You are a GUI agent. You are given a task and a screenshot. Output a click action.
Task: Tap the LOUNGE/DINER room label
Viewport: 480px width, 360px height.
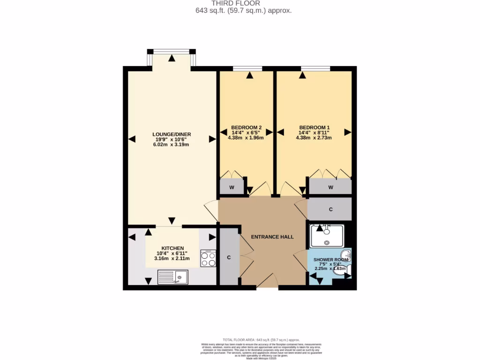[172, 134]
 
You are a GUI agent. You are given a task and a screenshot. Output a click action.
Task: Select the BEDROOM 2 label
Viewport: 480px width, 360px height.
[246, 127]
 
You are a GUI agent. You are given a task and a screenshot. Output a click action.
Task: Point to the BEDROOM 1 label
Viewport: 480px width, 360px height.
[315, 127]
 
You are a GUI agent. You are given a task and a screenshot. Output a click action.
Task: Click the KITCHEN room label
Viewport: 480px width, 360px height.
[172, 248]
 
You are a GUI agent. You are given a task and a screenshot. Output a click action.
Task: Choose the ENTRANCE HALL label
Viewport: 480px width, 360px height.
[272, 237]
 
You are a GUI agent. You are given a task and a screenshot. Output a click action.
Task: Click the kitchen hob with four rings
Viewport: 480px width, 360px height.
[208, 258]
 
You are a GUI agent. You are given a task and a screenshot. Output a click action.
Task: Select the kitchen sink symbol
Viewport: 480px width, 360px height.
[173, 277]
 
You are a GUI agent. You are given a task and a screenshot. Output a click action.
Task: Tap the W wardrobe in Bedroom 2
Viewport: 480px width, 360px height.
[232, 187]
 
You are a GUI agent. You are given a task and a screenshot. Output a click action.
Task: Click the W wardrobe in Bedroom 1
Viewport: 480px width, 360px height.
[330, 187]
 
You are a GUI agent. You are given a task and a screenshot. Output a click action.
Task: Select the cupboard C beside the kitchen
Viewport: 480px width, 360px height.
[229, 257]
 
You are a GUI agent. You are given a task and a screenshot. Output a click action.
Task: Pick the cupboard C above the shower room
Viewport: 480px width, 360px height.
[330, 210]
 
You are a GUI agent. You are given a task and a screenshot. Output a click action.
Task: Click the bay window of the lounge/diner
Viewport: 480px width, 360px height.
[172, 52]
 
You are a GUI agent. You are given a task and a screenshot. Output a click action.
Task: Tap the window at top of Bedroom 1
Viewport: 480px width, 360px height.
[315, 69]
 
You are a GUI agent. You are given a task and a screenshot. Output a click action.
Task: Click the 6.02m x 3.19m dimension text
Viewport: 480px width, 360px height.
[172, 145]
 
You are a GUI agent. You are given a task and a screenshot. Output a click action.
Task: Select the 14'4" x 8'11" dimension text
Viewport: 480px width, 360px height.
[315, 133]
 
